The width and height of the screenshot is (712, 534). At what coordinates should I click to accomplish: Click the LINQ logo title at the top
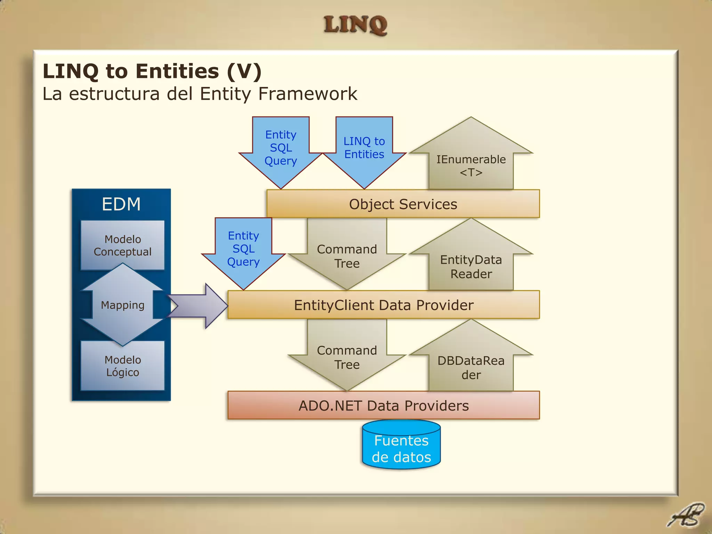click(x=355, y=25)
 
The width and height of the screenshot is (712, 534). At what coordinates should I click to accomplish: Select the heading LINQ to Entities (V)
click(x=152, y=71)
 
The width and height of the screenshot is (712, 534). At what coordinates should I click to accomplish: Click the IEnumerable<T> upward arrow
click(x=471, y=163)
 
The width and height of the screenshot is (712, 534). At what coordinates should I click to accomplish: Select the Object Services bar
click(x=403, y=204)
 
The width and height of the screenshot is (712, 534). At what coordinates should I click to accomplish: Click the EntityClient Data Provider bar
click(x=383, y=305)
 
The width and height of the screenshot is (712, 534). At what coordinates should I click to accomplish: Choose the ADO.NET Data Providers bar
click(x=383, y=406)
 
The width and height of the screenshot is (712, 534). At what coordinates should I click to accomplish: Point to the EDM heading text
click(x=121, y=204)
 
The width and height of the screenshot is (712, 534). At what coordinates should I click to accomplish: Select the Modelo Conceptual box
click(x=122, y=245)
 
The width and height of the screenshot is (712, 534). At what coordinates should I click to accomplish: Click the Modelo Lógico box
click(x=122, y=366)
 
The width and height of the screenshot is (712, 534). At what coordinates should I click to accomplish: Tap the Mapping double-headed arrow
click(x=122, y=305)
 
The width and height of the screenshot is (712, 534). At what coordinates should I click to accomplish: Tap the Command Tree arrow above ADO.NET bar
click(x=347, y=357)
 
